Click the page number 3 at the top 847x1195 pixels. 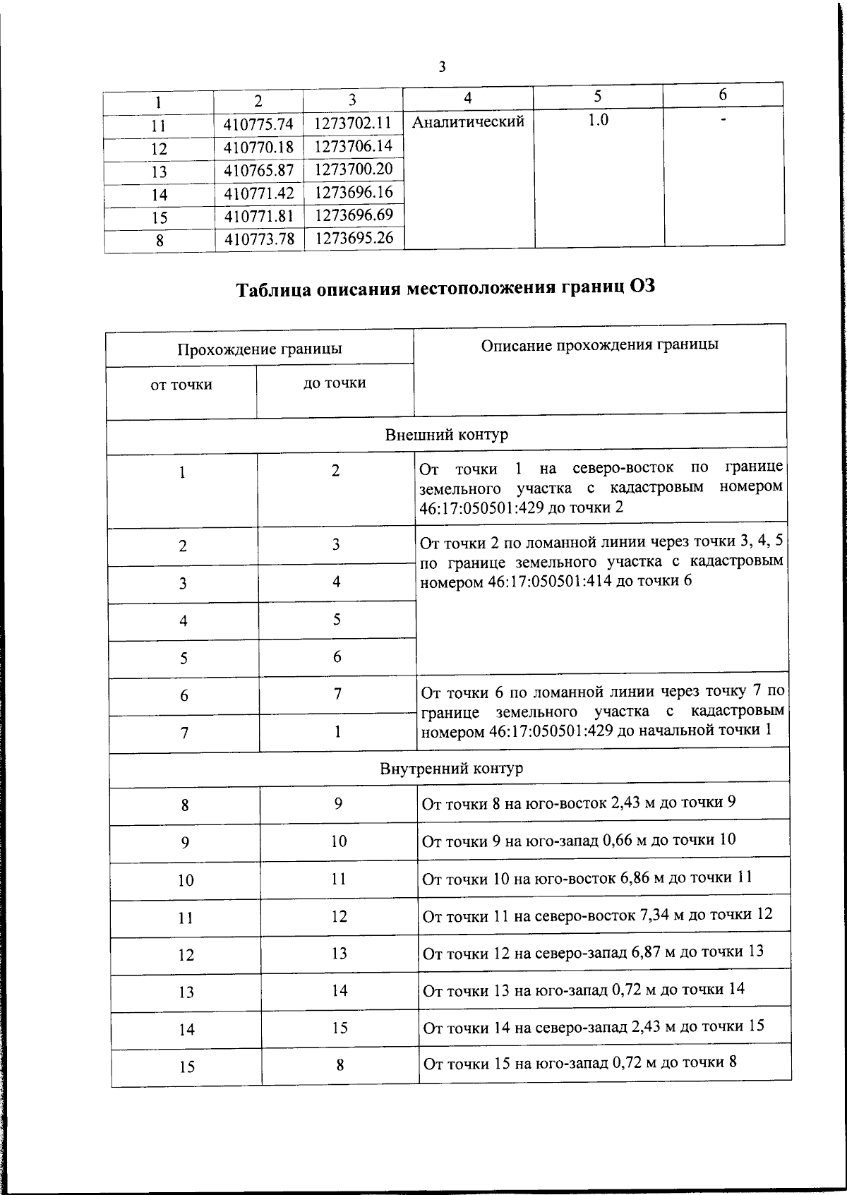tap(442, 67)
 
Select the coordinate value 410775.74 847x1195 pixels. tap(258, 124)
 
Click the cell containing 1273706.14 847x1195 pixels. tap(353, 146)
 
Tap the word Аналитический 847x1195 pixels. tap(468, 122)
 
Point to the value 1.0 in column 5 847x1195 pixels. tap(598, 120)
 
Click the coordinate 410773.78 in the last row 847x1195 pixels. tap(259, 239)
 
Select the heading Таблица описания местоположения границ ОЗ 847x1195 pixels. tap(441, 289)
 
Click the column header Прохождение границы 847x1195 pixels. tap(260, 349)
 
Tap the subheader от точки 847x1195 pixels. tap(181, 385)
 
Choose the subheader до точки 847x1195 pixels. tap(335, 383)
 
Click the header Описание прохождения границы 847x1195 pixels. tap(600, 345)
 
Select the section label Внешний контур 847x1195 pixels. tap(446, 434)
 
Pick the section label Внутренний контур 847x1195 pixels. tap(452, 768)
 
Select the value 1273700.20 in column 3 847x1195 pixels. tap(354, 169)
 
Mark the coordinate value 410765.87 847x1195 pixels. tap(258, 172)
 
